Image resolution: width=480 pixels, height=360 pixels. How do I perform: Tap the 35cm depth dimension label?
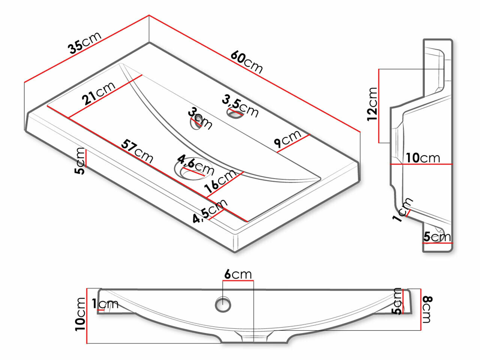coord(84,43)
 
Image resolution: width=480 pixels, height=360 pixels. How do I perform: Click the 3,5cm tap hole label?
coord(240,105)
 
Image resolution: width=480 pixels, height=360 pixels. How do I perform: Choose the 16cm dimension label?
coord(221,181)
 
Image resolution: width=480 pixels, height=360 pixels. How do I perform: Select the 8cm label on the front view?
coord(427,309)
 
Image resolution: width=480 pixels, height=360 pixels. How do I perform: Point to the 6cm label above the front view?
coord(238,274)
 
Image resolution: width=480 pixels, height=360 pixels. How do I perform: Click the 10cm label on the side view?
coord(423,158)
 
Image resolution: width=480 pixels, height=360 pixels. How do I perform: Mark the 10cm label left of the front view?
coord(80,314)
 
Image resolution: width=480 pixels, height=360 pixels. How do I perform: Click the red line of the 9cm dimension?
coord(293,144)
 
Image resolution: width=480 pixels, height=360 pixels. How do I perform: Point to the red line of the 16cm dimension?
coord(225,184)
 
